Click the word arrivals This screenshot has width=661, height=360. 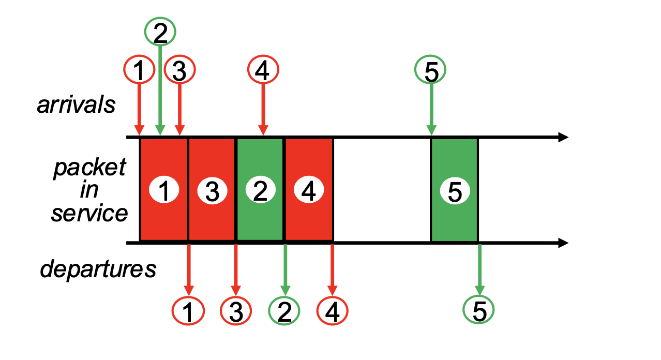[76, 104]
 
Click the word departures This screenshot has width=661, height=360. [98, 269]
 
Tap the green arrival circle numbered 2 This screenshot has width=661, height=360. [160, 33]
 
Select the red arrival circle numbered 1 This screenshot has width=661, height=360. [139, 70]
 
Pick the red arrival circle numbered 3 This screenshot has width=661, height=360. [179, 70]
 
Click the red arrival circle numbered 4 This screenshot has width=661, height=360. [263, 70]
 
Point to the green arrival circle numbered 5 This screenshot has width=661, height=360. [430, 70]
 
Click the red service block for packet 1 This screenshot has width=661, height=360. [164, 190]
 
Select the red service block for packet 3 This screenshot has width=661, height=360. [212, 190]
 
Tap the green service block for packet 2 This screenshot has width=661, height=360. [260, 190]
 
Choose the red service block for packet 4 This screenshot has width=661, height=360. [309, 190]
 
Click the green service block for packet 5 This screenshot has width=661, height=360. [454, 190]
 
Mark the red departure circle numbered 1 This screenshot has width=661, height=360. [188, 311]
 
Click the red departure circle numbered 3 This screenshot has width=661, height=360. [236, 311]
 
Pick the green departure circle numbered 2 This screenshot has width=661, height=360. [284, 311]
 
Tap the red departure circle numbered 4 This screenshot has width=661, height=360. [333, 311]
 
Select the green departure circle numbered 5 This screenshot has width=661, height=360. [479, 311]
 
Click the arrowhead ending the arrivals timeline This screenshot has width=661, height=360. [563, 137]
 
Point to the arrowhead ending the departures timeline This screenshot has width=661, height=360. [563, 243]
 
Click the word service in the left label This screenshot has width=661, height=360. [89, 214]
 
